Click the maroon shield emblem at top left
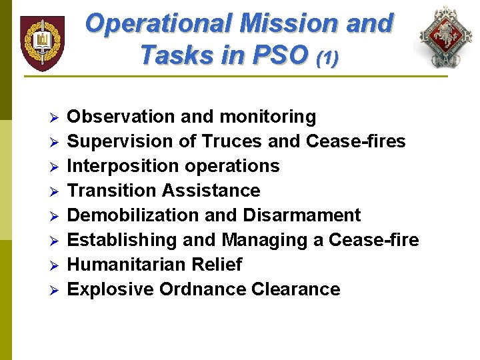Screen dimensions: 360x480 click(x=42, y=43)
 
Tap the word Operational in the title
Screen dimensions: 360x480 click(x=157, y=24)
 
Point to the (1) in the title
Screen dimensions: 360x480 click(x=327, y=58)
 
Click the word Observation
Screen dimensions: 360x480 click(x=121, y=117)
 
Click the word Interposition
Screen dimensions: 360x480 click(x=122, y=166)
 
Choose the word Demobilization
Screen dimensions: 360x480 click(x=133, y=215)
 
